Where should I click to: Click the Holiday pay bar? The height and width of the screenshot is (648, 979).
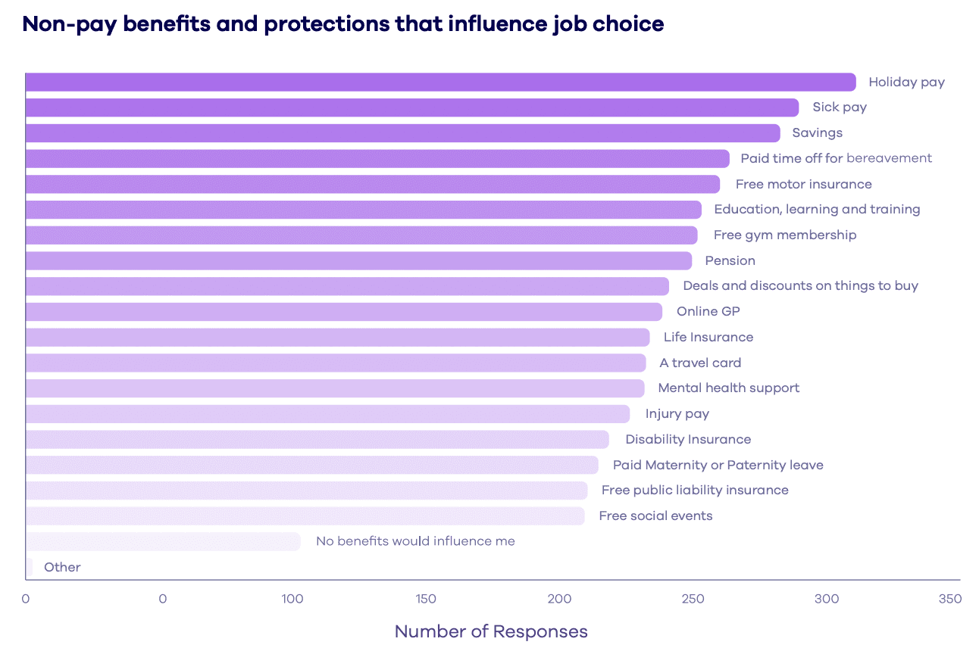point(439,82)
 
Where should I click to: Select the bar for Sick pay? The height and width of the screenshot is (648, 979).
point(411,107)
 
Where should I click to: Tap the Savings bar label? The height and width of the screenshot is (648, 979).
point(817,133)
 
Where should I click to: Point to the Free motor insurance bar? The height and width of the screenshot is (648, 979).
point(372,184)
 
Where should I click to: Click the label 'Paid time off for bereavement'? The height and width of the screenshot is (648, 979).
point(836,158)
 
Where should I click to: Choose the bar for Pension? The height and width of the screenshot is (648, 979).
point(358,260)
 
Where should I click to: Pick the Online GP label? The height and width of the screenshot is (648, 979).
point(708,311)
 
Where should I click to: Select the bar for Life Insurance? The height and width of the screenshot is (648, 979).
point(337,337)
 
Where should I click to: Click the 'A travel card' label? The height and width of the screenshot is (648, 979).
point(700,363)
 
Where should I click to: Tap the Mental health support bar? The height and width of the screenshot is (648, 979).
point(334,388)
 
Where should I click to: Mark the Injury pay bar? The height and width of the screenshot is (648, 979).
point(327,414)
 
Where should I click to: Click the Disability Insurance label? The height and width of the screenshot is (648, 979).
point(688,439)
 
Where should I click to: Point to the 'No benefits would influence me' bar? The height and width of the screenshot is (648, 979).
point(163,541)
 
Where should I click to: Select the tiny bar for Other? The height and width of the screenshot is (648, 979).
point(29,567)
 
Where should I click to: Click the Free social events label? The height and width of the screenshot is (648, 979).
point(655,516)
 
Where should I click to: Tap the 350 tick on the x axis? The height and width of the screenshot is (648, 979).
point(949,599)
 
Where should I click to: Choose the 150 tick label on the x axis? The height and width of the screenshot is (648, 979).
point(426,599)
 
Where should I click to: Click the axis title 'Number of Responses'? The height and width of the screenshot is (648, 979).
point(491,631)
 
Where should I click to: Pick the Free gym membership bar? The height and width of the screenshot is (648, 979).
point(361,235)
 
